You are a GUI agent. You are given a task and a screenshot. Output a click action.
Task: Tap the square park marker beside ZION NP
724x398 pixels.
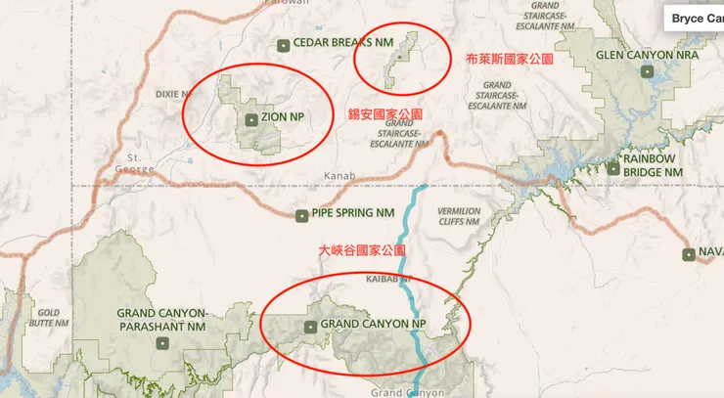(x=251, y=119)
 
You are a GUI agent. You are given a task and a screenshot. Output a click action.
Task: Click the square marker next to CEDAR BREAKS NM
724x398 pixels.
(x=284, y=44)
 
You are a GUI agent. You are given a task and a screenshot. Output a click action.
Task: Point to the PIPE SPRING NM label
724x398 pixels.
(x=353, y=213)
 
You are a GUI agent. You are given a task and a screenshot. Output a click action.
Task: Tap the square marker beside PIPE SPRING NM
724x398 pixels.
(x=301, y=214)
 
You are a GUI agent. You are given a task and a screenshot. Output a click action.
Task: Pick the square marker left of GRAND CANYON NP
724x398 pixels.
(x=310, y=327)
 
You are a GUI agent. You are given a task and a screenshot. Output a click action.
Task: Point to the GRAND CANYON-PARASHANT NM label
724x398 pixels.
(x=161, y=319)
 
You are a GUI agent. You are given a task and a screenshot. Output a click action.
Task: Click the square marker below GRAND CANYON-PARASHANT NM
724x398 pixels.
(x=163, y=342)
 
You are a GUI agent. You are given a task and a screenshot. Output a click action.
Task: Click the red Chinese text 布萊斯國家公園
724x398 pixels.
(x=509, y=60)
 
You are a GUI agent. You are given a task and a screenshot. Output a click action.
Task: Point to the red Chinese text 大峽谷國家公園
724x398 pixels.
(x=362, y=251)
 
